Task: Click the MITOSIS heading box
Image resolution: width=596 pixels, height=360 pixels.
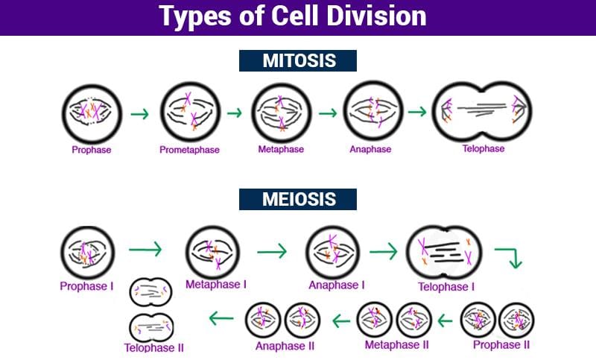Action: point(298,61)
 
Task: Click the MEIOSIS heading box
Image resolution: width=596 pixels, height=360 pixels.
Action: point(298,200)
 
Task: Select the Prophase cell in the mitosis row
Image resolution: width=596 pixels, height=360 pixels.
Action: point(91,113)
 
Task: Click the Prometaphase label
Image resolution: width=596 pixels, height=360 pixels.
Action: point(189,150)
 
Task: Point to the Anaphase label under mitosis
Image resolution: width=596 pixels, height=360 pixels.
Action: point(370,149)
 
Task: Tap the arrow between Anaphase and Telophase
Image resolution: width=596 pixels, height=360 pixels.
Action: point(417,113)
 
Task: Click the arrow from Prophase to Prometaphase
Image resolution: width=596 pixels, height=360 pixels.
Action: point(139,114)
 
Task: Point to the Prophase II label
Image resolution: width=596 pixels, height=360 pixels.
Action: point(501,345)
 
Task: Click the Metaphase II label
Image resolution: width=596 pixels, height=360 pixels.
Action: point(396,345)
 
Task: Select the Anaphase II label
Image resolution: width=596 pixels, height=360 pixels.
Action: point(285,346)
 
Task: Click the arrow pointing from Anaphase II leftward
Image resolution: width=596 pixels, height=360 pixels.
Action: point(222,319)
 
